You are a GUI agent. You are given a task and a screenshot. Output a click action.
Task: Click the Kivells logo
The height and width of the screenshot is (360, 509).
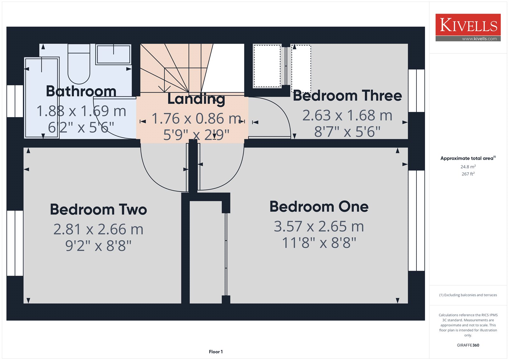tap(468, 27)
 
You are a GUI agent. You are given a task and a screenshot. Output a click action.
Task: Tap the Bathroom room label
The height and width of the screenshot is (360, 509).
tap(81, 91)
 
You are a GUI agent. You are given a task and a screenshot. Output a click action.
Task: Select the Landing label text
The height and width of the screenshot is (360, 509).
tap(196, 99)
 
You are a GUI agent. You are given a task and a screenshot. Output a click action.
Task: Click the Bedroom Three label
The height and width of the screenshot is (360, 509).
tap(347, 95)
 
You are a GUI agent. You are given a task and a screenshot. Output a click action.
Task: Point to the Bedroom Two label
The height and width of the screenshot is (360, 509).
tap(98, 209)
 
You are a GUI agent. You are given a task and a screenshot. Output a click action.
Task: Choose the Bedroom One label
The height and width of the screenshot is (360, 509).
tap(319, 207)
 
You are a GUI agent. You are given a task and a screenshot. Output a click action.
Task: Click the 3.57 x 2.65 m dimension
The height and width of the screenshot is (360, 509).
tap(319, 226)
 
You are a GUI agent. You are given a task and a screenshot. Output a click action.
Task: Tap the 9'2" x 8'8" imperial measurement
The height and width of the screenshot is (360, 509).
tap(98, 246)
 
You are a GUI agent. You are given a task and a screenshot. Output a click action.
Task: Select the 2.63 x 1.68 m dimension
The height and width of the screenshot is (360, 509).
tap(347, 115)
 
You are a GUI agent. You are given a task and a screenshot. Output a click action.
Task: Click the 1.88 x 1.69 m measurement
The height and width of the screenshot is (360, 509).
tap(81, 111)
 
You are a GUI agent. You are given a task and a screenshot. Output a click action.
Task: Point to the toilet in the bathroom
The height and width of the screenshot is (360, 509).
tap(79, 64)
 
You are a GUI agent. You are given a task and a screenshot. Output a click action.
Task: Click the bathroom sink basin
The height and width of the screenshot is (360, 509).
tap(113, 54)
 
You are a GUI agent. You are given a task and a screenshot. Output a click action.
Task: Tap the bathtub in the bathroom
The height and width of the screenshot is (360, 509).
tap(42, 98)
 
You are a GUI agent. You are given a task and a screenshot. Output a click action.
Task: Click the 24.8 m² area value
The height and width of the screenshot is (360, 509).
tap(468, 167)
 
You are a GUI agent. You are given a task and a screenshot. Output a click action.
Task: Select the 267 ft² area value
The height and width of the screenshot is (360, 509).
tap(468, 174)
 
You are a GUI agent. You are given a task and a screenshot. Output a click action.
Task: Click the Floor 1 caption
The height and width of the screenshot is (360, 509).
tap(216, 352)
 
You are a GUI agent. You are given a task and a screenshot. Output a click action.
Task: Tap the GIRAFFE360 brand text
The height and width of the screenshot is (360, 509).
tap(468, 345)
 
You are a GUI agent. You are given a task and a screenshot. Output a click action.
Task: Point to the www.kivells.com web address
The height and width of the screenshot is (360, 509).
tap(479, 39)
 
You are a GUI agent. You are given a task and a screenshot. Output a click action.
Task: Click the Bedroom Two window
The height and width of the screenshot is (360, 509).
tap(15, 243)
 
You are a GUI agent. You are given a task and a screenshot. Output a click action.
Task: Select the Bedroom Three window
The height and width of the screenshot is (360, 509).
tap(416, 90)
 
